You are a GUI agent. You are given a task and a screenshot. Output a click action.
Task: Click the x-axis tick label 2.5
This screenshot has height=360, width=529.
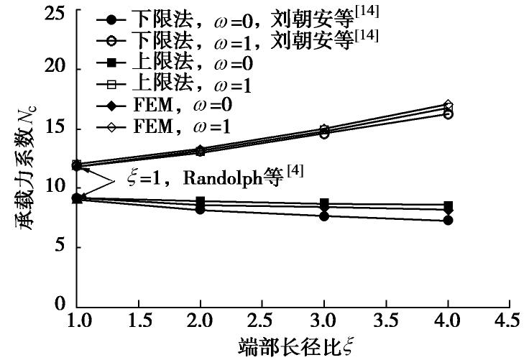pyautogui.click(x=262, y=319)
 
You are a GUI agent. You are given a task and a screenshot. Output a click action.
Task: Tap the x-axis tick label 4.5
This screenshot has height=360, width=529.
pyautogui.click(x=508, y=319)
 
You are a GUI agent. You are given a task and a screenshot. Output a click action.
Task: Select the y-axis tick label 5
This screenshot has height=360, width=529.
pyautogui.click(x=63, y=246)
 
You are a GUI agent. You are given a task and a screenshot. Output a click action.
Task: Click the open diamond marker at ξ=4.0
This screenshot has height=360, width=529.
pyautogui.click(x=448, y=105)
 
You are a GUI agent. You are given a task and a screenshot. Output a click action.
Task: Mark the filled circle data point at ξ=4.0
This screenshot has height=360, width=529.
pyautogui.click(x=448, y=220)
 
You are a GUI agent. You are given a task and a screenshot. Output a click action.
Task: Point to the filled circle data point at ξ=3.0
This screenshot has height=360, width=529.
pyautogui.click(x=325, y=216)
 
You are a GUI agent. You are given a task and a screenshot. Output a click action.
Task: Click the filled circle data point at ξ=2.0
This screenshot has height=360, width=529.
pyautogui.click(x=201, y=209)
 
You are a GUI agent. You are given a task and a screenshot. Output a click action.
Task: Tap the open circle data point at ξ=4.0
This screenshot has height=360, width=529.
pyautogui.click(x=448, y=114)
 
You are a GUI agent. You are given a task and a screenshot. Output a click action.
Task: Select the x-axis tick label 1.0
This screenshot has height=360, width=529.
pyautogui.click(x=78, y=319)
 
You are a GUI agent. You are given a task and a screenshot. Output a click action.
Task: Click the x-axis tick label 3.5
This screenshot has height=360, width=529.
pyautogui.click(x=386, y=319)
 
